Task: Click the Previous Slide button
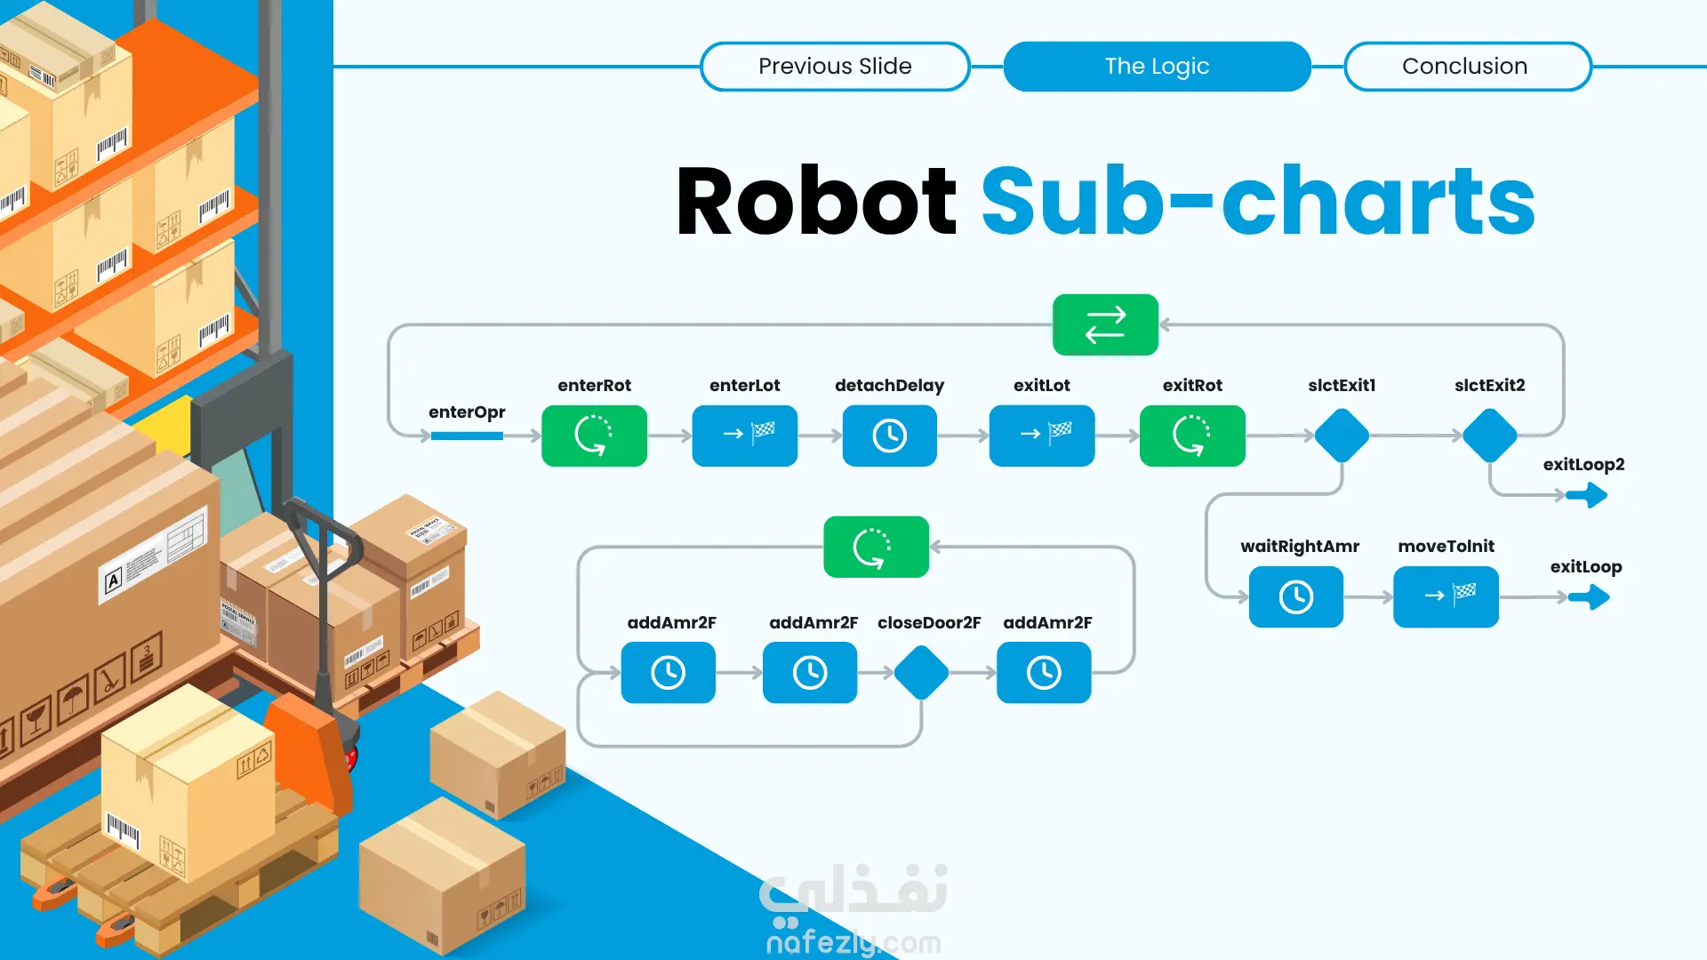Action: coord(835,66)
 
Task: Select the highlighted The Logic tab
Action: coord(1157,66)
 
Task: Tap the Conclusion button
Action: coord(1467,66)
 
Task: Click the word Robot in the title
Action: coord(816,202)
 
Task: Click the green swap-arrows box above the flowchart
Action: coord(1105,324)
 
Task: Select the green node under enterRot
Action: coord(594,436)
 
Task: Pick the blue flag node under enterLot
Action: coord(745,436)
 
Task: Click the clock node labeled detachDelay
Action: coord(889,436)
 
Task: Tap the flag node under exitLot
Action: coord(1042,436)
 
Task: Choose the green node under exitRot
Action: coord(1192,436)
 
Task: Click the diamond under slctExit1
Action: coord(1342,436)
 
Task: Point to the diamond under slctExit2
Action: coord(1490,436)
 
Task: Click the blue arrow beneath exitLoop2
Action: coord(1587,495)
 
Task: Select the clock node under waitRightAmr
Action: coord(1296,596)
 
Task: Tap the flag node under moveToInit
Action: coord(1446,596)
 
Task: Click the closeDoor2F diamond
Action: coord(922,673)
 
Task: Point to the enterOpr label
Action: coord(467,412)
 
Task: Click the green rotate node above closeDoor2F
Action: coord(877,547)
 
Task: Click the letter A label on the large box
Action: coord(113,582)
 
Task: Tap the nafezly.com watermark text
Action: coord(853,941)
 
